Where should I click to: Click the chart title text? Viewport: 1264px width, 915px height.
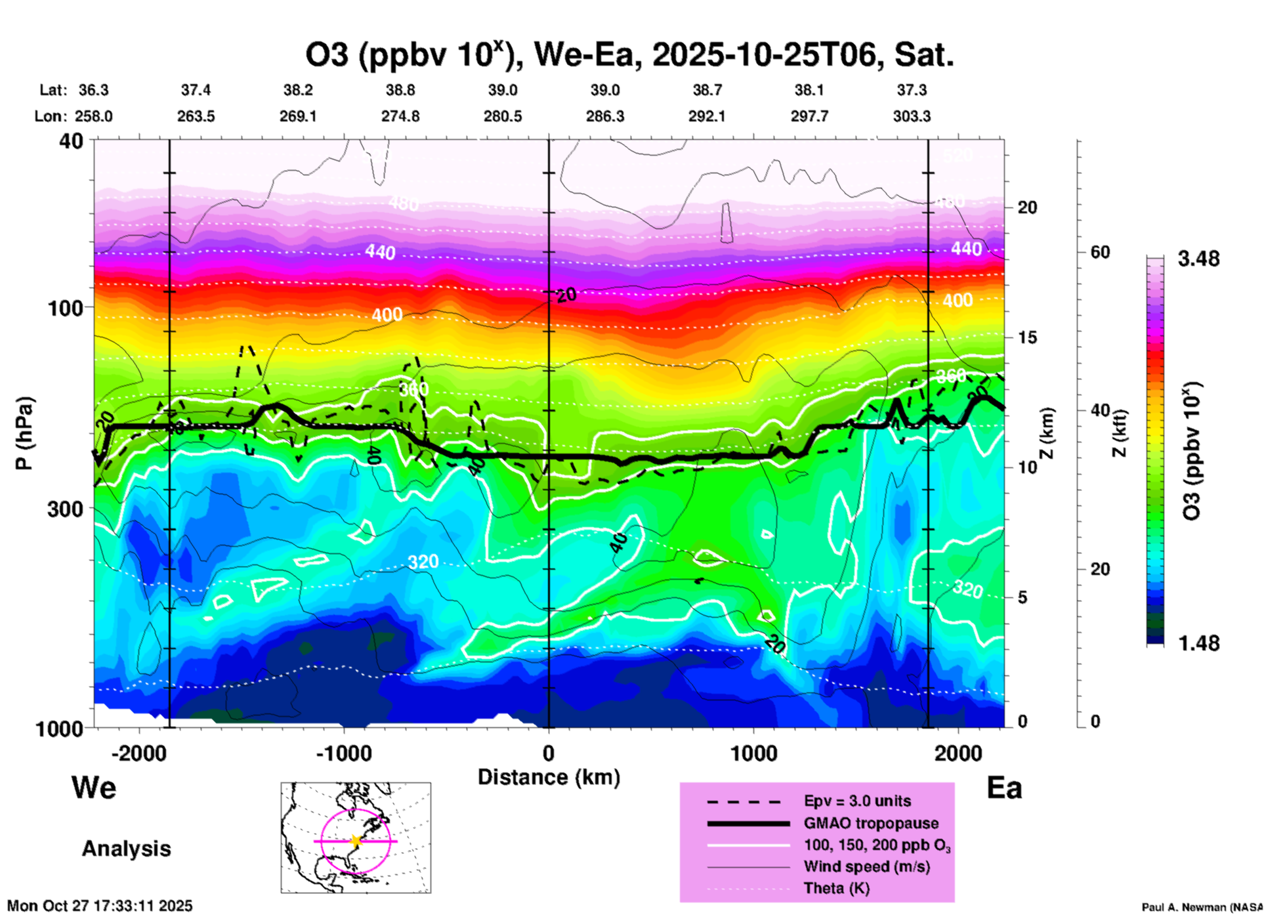(x=629, y=55)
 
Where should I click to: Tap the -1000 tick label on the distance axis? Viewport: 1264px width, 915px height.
(x=343, y=754)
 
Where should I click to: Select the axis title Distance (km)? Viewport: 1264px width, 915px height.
(x=549, y=777)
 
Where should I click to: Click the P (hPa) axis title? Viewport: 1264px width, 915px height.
(x=24, y=433)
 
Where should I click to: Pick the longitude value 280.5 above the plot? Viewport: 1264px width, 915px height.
(x=503, y=117)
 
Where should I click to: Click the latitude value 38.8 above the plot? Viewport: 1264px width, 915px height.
(x=400, y=91)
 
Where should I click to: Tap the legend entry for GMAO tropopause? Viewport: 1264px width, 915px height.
(x=871, y=823)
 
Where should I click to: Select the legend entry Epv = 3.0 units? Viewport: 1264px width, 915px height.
(x=857, y=801)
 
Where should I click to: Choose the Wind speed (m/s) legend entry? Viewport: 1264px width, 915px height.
(x=866, y=866)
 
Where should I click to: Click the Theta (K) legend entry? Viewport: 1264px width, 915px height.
(x=836, y=888)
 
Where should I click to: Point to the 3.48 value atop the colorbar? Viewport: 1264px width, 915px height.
(x=1198, y=259)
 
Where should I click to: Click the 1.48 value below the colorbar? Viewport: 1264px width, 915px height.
(x=1198, y=643)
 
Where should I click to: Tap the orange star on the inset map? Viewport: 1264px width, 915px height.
(x=356, y=841)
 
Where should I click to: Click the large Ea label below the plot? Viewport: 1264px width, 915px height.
(x=1004, y=788)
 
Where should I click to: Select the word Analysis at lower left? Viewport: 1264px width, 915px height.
(x=126, y=849)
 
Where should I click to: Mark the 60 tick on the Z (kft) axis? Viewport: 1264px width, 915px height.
(x=1100, y=253)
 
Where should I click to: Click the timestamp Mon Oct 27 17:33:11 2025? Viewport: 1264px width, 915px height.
(x=100, y=906)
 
